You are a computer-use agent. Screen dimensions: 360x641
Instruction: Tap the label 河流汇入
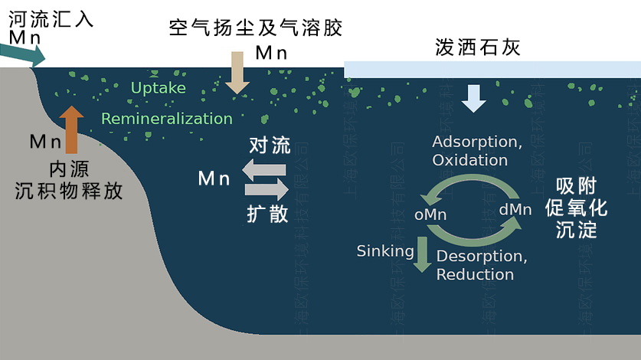tap(51, 18)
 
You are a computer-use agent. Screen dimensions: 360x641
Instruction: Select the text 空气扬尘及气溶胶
tap(255, 28)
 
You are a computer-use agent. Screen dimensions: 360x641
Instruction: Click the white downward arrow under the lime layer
tap(473, 97)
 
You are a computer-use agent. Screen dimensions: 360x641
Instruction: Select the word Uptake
tap(158, 88)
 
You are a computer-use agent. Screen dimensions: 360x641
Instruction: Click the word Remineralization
tap(166, 119)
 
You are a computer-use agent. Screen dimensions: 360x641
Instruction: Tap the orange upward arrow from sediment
tap(72, 130)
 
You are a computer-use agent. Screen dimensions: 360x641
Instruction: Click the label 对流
tap(269, 145)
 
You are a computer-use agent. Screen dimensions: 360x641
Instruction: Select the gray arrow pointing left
tap(264, 169)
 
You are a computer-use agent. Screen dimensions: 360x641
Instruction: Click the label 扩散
tap(268, 213)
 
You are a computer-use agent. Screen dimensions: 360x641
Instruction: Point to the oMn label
tap(430, 214)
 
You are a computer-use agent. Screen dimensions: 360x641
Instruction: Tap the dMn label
tap(515, 209)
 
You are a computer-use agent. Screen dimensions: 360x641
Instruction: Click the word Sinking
tap(385, 250)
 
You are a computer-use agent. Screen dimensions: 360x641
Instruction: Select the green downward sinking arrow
tap(421, 255)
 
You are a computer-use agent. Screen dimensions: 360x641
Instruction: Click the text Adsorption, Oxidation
tap(477, 151)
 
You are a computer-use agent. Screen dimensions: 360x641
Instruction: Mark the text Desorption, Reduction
tap(481, 265)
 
